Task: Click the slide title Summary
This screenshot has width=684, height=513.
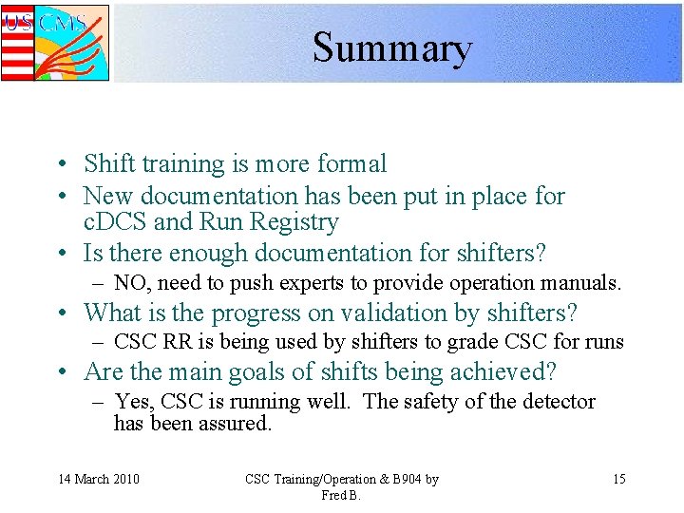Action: [391, 47]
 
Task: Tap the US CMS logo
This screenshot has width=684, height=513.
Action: [55, 43]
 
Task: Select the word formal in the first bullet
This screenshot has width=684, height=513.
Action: [351, 164]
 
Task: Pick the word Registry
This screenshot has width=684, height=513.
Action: [296, 223]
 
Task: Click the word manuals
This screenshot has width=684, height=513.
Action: [585, 283]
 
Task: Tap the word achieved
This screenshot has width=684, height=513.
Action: [511, 372]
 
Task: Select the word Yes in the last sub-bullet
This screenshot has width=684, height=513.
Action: [134, 402]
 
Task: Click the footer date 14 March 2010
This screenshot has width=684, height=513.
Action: [99, 479]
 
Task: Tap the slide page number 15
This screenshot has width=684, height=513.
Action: [618, 479]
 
